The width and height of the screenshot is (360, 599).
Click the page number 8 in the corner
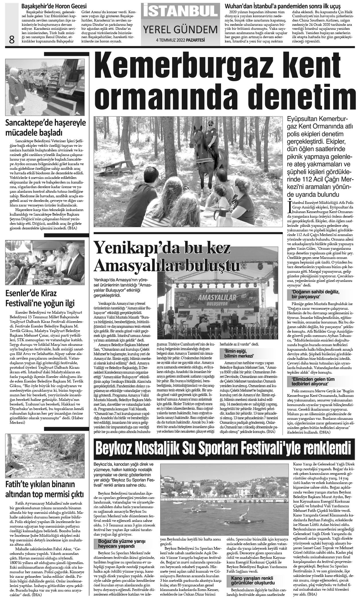pos(12,39)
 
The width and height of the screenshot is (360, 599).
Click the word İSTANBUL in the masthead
pos(180,11)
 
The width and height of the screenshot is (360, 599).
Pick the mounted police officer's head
pos(211,124)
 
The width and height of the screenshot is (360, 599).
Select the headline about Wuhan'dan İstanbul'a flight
pos(283,6)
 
